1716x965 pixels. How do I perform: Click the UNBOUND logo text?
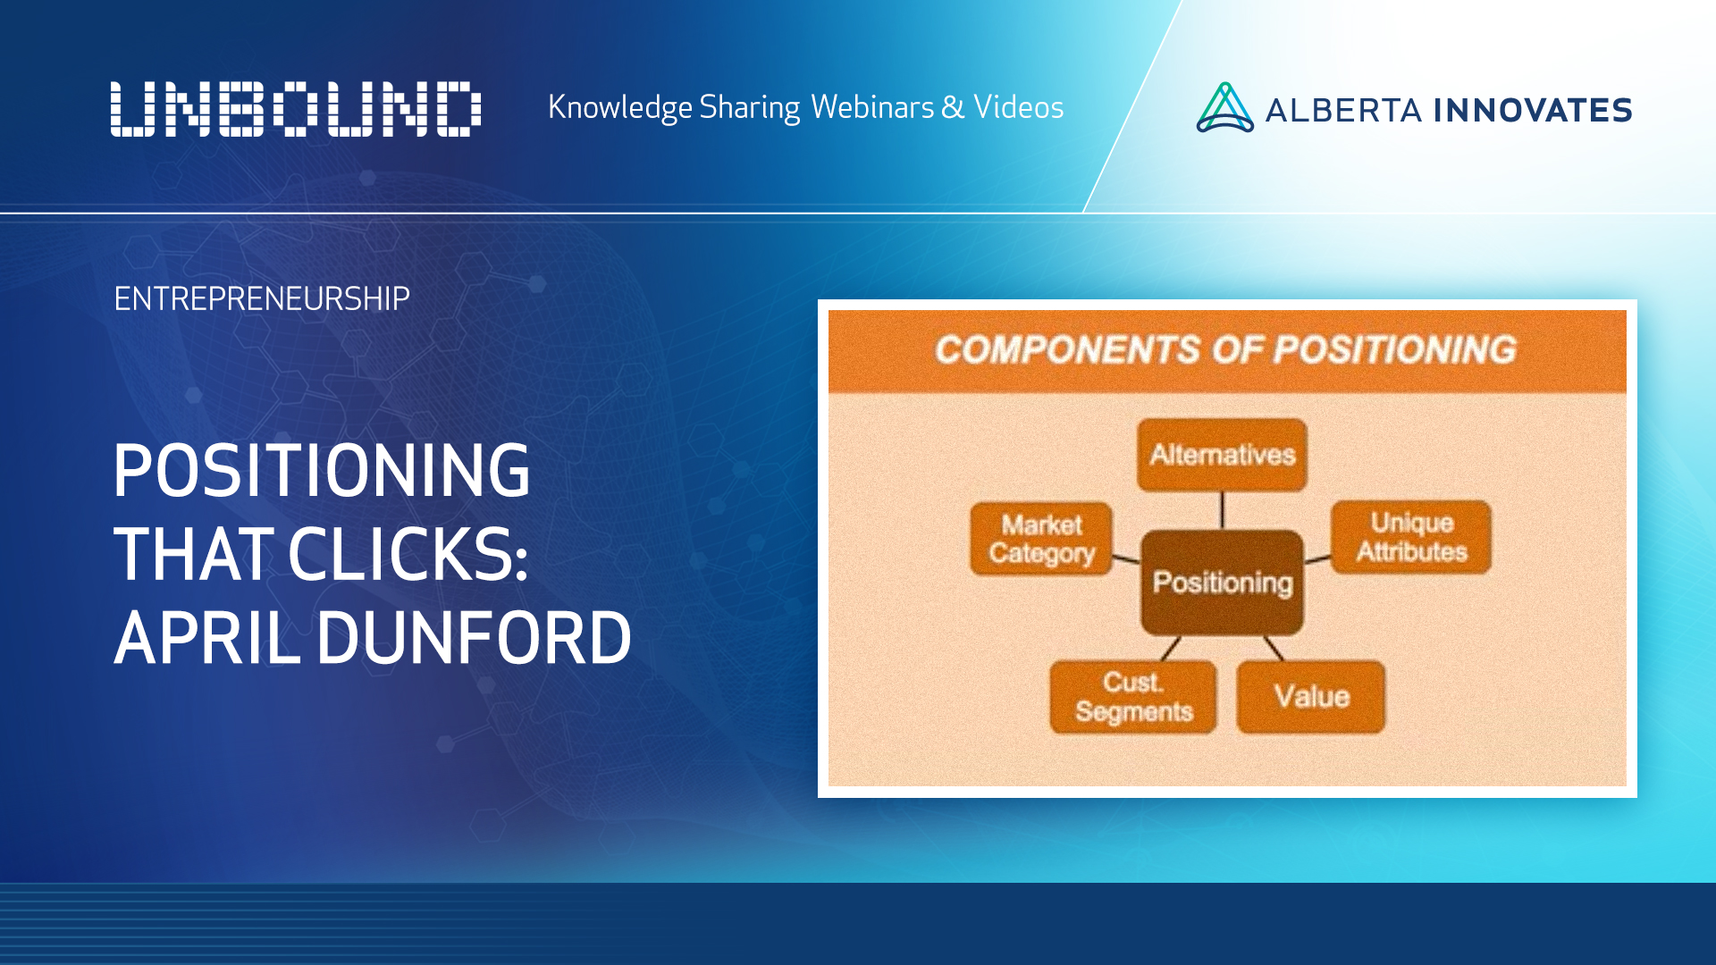pyautogui.click(x=296, y=109)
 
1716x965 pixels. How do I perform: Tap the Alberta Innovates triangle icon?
pyautogui.click(x=1224, y=109)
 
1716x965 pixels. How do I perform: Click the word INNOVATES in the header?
pyautogui.click(x=1533, y=111)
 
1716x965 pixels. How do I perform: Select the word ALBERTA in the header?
pyautogui.click(x=1343, y=111)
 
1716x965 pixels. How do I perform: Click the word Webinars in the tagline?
pyautogui.click(x=872, y=107)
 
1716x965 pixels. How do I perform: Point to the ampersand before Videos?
pyautogui.click(x=953, y=107)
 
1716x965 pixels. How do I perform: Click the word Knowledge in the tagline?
pyautogui.click(x=619, y=107)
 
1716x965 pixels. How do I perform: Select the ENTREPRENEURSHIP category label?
pyautogui.click(x=262, y=298)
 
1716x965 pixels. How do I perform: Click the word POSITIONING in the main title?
pyautogui.click(x=322, y=471)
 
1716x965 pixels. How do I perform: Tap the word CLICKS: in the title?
pyautogui.click(x=408, y=555)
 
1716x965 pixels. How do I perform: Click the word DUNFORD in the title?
pyautogui.click(x=474, y=639)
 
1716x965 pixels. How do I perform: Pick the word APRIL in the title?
pyautogui.click(x=207, y=639)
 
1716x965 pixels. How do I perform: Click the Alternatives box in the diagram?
pyautogui.click(x=1222, y=455)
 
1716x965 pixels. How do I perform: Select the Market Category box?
pyautogui.click(x=1041, y=539)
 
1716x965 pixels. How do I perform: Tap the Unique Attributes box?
pyautogui.click(x=1411, y=537)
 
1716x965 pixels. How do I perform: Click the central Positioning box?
pyautogui.click(x=1222, y=583)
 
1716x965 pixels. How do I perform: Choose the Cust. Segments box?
pyautogui.click(x=1133, y=697)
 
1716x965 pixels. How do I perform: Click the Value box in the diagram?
pyautogui.click(x=1311, y=697)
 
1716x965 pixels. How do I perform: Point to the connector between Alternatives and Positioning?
pyautogui.click(x=1222, y=510)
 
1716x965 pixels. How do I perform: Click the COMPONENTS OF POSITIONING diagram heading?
pyautogui.click(x=1226, y=349)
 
